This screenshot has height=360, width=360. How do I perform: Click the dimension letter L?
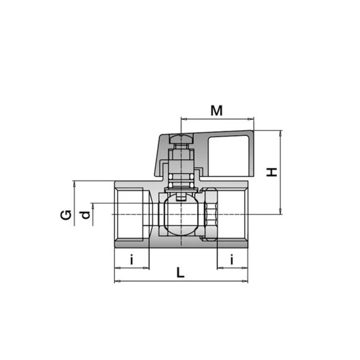(x=180, y=273)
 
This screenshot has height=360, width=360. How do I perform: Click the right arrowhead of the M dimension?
(x=253, y=120)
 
